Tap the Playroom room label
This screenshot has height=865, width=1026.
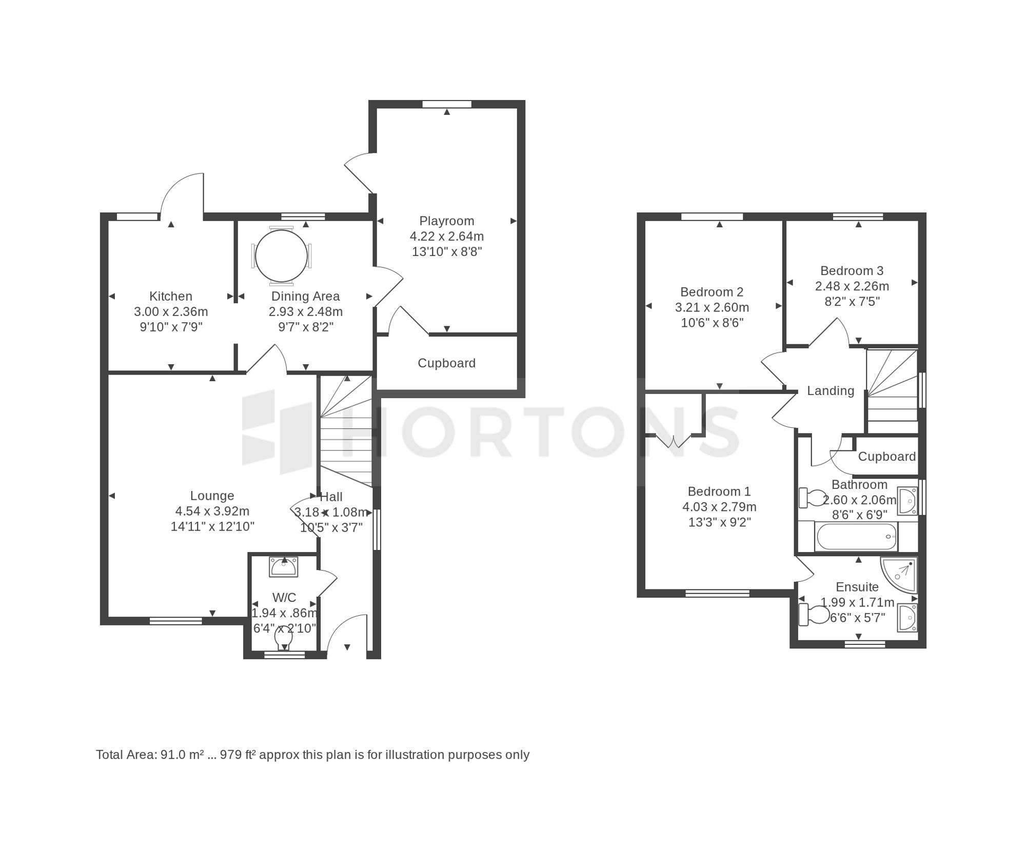click(x=446, y=221)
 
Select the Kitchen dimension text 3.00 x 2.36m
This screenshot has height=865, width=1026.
click(x=171, y=311)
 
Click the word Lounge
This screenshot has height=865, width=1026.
click(x=212, y=496)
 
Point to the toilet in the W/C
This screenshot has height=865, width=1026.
click(x=284, y=638)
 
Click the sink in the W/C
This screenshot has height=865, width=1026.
click(x=283, y=567)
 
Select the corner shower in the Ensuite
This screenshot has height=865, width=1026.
click(x=899, y=575)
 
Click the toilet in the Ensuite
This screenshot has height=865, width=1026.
click(x=814, y=615)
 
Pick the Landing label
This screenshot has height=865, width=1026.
click(x=831, y=391)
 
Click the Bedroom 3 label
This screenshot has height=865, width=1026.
click(x=852, y=270)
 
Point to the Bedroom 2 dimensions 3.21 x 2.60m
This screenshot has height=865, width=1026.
click(x=712, y=307)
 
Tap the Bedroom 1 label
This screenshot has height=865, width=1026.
click(x=719, y=492)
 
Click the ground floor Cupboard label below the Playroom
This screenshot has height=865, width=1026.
click(x=446, y=363)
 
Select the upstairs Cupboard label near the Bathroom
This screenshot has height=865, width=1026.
click(x=887, y=457)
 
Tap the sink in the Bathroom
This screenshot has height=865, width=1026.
click(x=907, y=501)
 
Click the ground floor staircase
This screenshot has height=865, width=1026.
click(x=345, y=431)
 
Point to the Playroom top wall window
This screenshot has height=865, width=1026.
click(x=447, y=104)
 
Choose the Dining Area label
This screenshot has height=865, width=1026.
click(x=305, y=296)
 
